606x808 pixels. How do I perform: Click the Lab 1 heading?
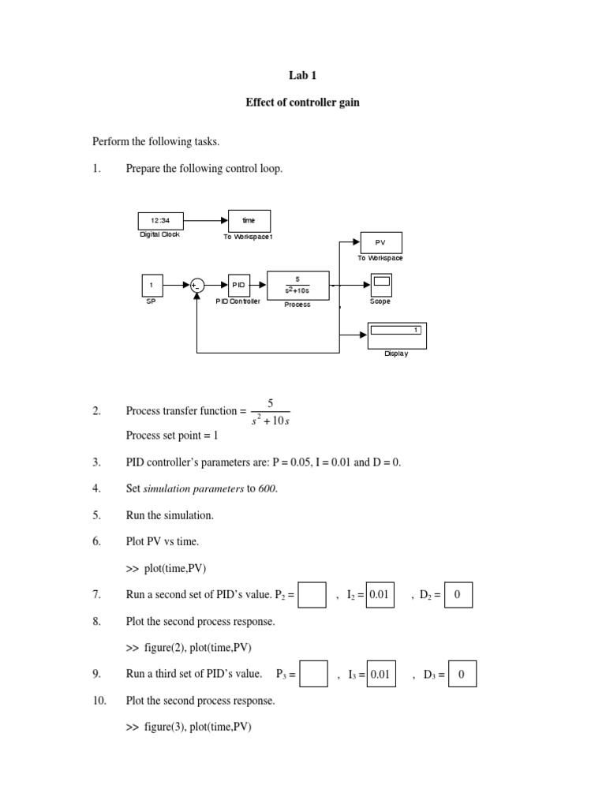(x=303, y=76)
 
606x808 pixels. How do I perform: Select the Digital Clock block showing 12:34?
(x=160, y=221)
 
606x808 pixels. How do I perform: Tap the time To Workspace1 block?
(x=249, y=221)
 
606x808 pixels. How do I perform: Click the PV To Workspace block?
(x=381, y=243)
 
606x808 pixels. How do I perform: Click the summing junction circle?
(x=196, y=286)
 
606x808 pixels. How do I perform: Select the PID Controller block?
(x=239, y=285)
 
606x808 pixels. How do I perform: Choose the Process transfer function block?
(x=297, y=285)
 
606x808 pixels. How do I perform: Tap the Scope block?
(x=381, y=284)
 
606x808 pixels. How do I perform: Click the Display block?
(x=397, y=335)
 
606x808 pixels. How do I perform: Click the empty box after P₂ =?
(x=312, y=596)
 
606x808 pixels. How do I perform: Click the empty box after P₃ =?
(x=314, y=675)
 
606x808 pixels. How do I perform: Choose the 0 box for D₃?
(x=462, y=675)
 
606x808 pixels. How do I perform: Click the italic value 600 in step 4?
(x=267, y=488)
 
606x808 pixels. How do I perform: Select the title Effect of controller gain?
(x=303, y=103)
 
